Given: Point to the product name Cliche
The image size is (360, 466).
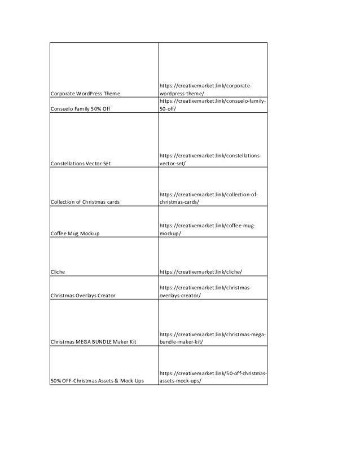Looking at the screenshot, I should coord(58,272).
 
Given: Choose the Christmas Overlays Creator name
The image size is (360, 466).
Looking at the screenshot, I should coord(83,295).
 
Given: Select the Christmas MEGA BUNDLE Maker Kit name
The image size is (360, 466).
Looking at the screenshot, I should coord(93,342).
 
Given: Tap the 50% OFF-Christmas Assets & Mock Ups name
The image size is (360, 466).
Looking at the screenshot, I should coord(97,381).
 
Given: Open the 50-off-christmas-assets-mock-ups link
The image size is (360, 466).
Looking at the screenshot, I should coord(213,377).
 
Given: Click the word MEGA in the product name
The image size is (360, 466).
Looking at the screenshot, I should coord(86,342).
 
